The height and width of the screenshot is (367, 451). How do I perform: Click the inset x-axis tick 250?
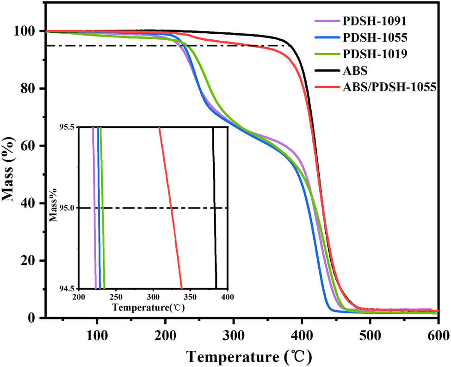116,296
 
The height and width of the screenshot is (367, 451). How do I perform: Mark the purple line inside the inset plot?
94,208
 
